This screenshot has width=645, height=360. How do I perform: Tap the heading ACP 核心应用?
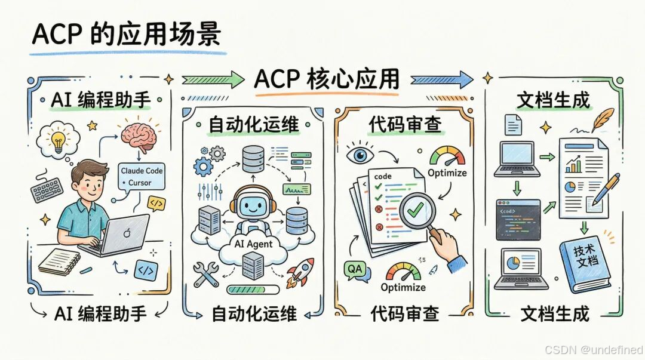[x=326, y=79]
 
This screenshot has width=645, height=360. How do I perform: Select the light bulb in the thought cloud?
[x=59, y=140]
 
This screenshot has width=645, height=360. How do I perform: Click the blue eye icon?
[x=360, y=155]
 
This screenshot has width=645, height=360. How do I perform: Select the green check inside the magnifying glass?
[x=415, y=209]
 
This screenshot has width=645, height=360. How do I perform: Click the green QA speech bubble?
[x=354, y=270]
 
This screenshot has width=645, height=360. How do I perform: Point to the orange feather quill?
[x=604, y=119]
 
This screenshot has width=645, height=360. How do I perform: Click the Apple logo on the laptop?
[x=125, y=232]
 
